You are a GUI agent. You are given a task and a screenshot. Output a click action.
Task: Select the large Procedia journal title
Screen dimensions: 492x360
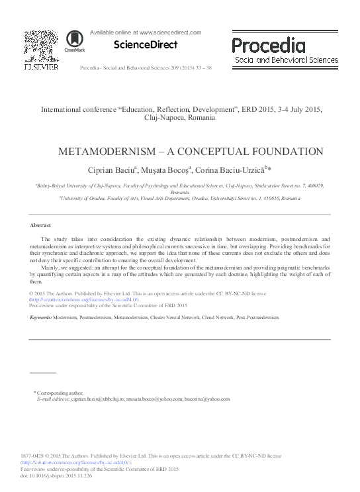(x=269, y=45)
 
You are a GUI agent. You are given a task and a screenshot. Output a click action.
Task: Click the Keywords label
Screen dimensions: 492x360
(x=41, y=319)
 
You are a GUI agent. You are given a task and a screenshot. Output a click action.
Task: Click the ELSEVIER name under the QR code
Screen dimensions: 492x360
(x=41, y=68)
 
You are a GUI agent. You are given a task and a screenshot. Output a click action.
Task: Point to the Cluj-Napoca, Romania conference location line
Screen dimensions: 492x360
(x=179, y=118)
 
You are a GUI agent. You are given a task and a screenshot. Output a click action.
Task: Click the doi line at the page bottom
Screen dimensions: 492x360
(x=63, y=475)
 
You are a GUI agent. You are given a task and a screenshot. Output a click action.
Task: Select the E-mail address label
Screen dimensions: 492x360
(x=54, y=399)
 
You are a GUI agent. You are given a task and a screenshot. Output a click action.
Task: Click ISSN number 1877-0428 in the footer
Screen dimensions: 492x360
(x=34, y=456)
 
